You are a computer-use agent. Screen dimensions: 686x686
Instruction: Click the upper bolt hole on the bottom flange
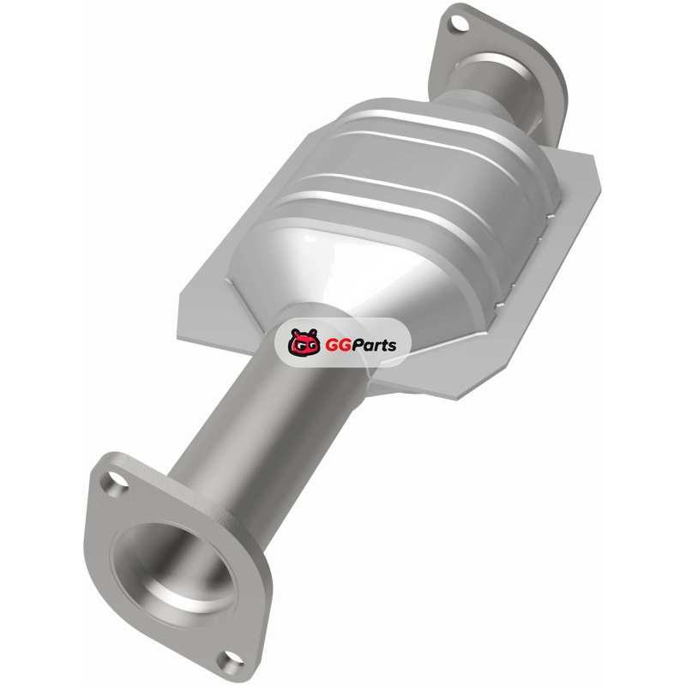[x=116, y=484]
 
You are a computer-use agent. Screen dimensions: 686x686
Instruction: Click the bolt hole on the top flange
[x=459, y=24]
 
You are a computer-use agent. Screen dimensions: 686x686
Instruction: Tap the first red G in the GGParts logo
[x=331, y=345]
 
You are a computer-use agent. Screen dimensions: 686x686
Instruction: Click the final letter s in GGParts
[x=392, y=346]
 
